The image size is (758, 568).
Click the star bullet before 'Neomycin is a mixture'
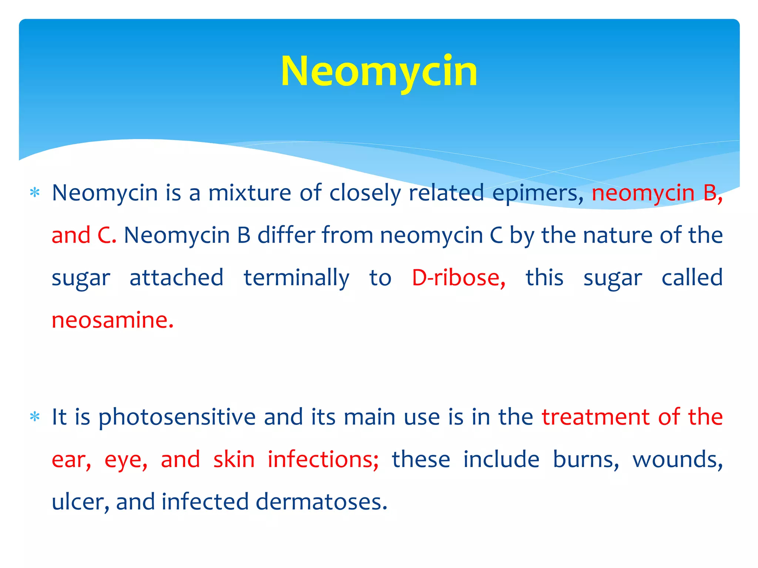35,193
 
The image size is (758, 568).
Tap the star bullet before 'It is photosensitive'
35,417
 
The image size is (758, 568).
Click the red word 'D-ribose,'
459,278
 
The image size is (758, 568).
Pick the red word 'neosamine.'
113,320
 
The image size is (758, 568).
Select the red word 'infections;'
323,460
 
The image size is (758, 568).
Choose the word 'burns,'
586,460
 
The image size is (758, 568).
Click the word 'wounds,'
677,460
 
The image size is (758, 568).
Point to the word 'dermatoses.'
321,502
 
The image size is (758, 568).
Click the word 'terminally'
296,278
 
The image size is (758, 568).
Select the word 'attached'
177,278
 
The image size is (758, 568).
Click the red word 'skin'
234,460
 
